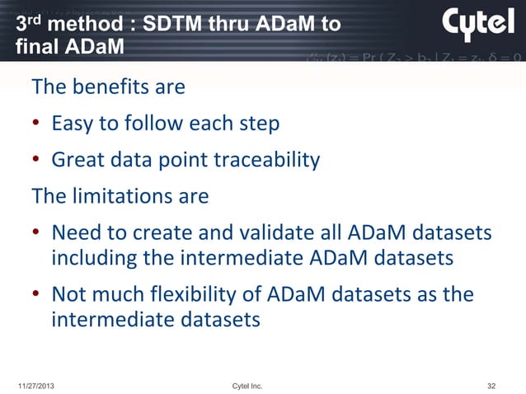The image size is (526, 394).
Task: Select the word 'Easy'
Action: click(73, 124)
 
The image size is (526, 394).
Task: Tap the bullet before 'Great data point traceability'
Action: click(37, 162)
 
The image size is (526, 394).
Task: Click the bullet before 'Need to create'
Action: click(37, 236)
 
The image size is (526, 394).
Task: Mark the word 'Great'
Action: click(77, 161)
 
